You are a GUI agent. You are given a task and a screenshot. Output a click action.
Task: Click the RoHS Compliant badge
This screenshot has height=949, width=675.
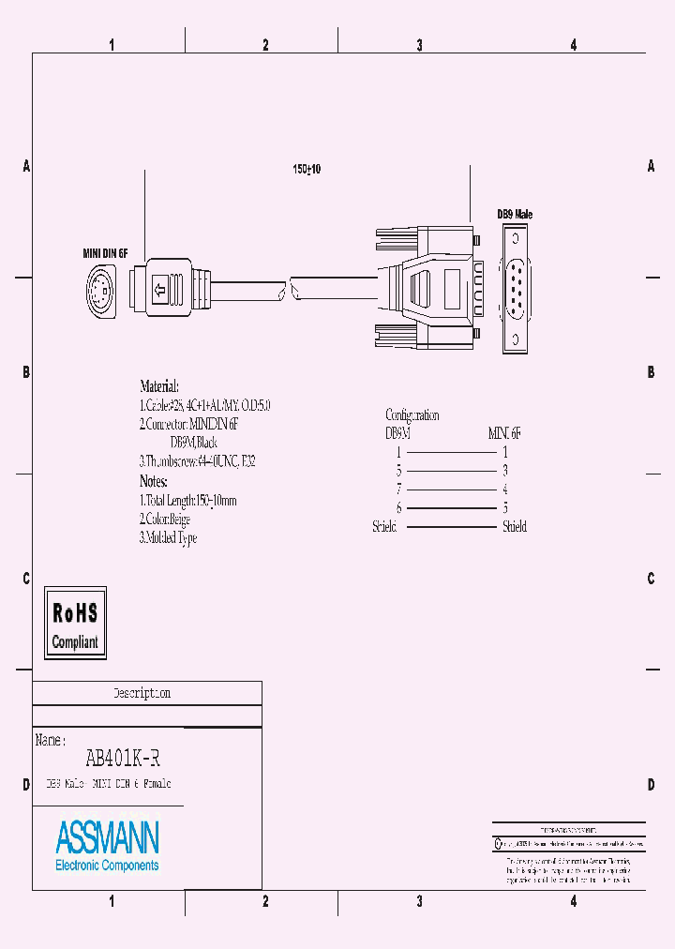pyautogui.click(x=75, y=623)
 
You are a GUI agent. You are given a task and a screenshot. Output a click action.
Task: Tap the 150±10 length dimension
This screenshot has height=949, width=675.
pyautogui.click(x=307, y=169)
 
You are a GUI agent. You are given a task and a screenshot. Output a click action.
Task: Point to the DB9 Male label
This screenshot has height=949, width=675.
pyautogui.click(x=515, y=215)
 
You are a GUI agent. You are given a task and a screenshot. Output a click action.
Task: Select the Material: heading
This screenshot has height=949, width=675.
pyautogui.click(x=158, y=386)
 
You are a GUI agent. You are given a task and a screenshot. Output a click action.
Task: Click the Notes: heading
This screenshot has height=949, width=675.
pyautogui.click(x=153, y=481)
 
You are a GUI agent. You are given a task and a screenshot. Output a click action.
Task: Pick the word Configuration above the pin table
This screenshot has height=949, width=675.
pyautogui.click(x=412, y=414)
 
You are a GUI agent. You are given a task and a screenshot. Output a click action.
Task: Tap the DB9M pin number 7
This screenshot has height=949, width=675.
pyautogui.click(x=398, y=490)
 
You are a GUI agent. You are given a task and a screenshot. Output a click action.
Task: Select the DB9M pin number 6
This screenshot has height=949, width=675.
pyautogui.click(x=398, y=508)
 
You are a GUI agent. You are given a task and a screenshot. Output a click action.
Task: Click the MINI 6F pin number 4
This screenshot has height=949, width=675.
pyautogui.click(x=505, y=490)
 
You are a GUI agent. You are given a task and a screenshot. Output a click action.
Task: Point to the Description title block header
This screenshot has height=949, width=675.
pyautogui.click(x=142, y=694)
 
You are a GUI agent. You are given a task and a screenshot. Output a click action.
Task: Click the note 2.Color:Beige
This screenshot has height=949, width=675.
pyautogui.click(x=165, y=519)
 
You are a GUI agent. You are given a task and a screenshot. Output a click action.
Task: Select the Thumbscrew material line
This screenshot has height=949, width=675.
pyautogui.click(x=196, y=461)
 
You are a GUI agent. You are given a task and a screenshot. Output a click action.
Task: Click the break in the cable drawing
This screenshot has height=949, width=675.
pyautogui.click(x=287, y=287)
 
